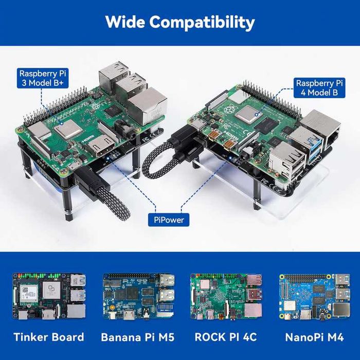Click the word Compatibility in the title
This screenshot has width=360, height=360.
pos(205,22)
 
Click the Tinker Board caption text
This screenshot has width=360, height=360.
pos(49,338)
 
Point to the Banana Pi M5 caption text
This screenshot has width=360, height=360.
pos(137,338)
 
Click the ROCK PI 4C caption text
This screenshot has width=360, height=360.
pos(226,338)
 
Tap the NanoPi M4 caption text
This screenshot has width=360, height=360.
pos(314,338)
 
